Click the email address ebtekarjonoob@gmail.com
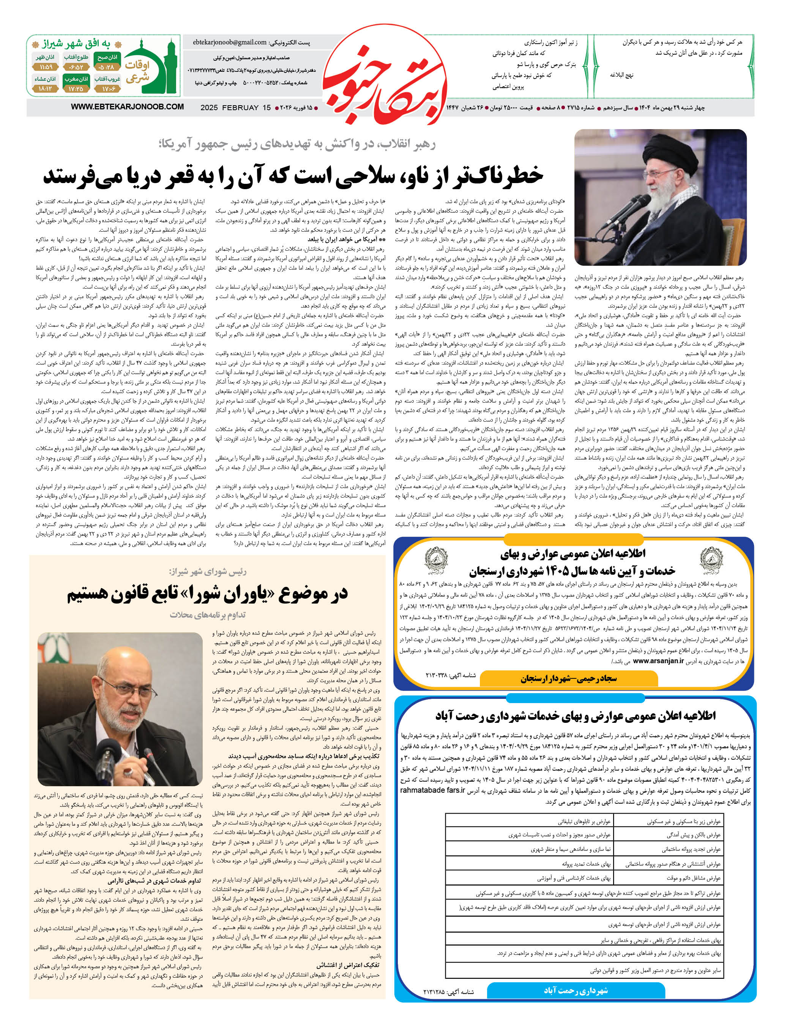click(230, 43)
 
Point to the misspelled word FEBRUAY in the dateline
click(240, 108)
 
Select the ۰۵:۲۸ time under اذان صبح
click(107, 68)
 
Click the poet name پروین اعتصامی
click(508, 87)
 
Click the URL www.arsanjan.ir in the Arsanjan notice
click(658, 661)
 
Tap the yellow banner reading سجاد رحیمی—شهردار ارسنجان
click(569, 678)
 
